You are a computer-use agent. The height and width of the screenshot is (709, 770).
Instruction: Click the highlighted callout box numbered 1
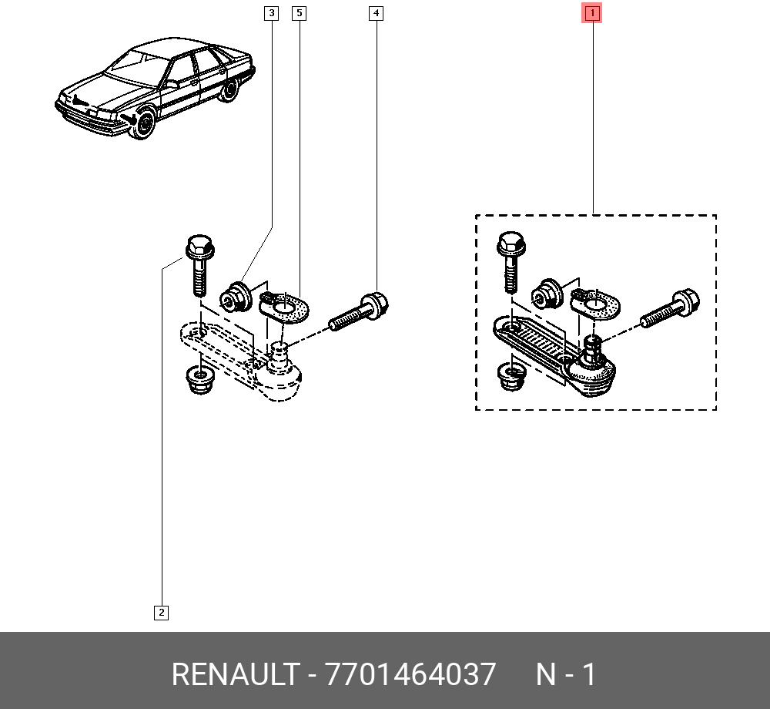(x=592, y=13)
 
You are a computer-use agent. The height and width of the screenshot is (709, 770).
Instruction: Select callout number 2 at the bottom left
(x=161, y=613)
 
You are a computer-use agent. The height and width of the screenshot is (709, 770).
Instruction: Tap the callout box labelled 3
(x=271, y=13)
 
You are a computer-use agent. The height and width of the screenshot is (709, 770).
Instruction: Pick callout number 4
(x=377, y=13)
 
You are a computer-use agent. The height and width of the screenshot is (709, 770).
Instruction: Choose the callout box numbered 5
(x=299, y=13)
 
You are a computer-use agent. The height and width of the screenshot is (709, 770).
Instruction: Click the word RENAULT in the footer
(x=236, y=674)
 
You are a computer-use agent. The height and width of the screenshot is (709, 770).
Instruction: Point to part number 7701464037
(x=410, y=674)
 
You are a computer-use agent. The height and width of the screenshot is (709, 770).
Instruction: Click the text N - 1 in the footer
(x=566, y=674)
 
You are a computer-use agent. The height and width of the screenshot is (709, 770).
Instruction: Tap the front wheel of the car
(x=145, y=124)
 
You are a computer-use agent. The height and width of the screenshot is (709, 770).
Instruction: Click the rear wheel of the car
(x=229, y=89)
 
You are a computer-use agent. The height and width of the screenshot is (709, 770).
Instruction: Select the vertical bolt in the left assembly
(x=199, y=265)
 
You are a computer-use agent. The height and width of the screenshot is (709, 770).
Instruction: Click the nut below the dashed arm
(x=199, y=380)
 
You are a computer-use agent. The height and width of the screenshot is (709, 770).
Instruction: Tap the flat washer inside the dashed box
(x=595, y=304)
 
